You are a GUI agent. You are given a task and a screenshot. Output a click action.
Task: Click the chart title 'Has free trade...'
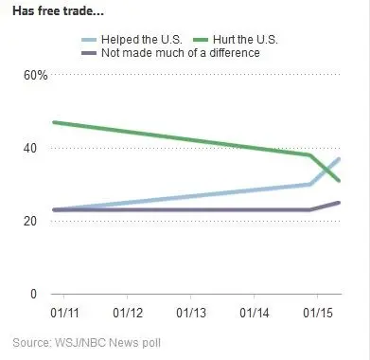(58, 11)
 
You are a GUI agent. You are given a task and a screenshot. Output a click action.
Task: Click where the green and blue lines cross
(330, 169)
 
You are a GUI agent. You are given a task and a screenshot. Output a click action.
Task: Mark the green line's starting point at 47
(53, 122)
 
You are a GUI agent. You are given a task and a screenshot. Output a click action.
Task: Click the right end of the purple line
(340, 203)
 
